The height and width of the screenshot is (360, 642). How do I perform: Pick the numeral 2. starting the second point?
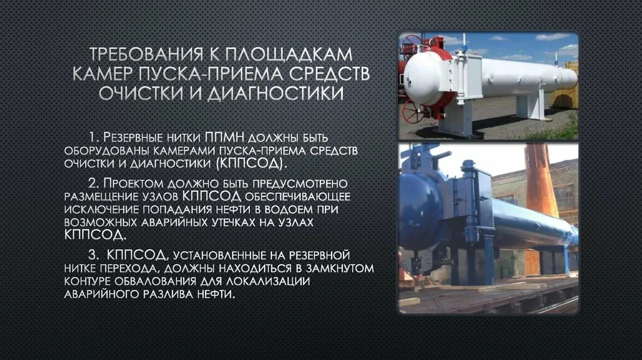point(94,183)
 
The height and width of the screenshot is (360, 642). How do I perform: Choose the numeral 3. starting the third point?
point(94,255)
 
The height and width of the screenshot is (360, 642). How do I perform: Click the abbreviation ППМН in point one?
point(226,137)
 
